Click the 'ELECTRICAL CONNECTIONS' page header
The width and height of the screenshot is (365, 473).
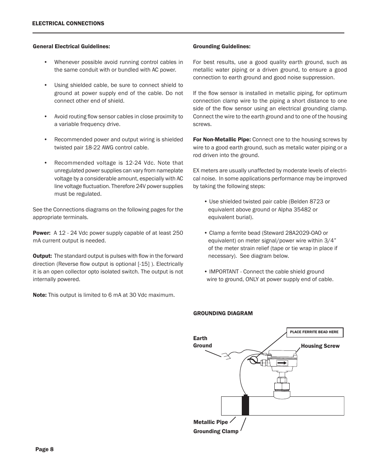[x=68, y=23]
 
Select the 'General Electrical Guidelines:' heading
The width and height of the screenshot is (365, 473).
[x=72, y=46]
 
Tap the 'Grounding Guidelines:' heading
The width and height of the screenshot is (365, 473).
[x=222, y=46]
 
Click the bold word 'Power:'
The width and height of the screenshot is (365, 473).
[x=41, y=233]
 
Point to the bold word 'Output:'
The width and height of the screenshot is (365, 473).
[x=42, y=256]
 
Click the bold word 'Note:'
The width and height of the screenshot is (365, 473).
[x=40, y=295]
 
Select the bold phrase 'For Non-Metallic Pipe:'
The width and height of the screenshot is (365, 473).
[x=222, y=139]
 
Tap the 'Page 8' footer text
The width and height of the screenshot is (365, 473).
[x=44, y=449]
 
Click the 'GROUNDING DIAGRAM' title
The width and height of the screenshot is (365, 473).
[x=223, y=313]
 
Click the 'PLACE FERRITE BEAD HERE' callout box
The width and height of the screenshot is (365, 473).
[x=314, y=332]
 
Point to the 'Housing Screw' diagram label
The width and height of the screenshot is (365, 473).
[x=320, y=346]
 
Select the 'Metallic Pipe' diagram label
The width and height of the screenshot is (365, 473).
[x=210, y=422]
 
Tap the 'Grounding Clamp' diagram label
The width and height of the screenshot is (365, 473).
[x=216, y=431]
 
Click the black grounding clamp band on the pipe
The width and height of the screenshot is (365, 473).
[x=245, y=406]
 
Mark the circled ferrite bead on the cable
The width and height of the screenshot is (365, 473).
[x=253, y=360]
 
